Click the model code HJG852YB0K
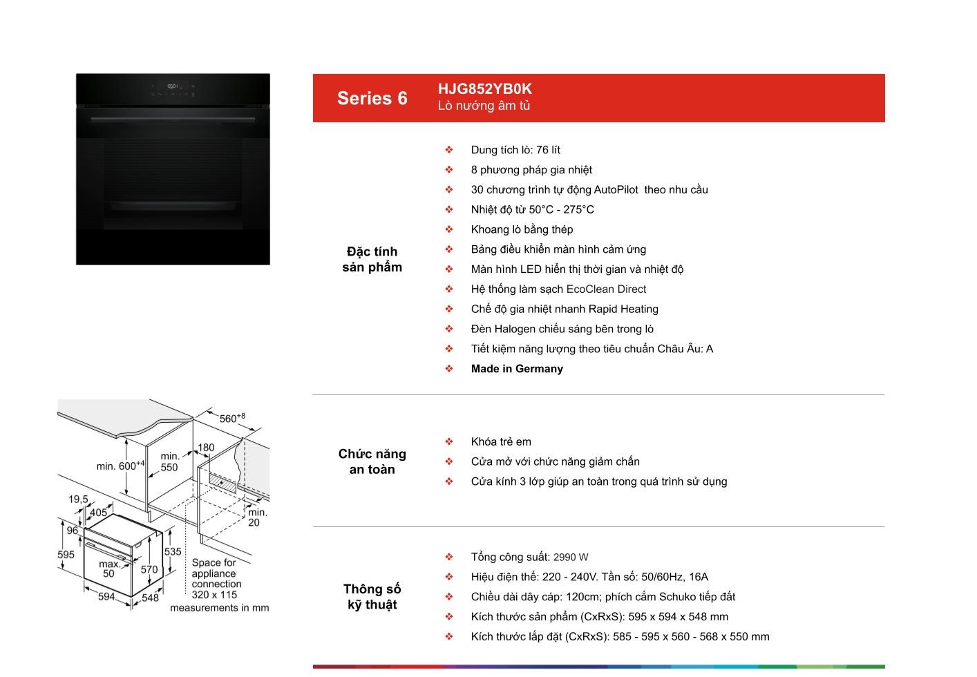484,89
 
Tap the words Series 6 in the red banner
372,98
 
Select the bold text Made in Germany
517,369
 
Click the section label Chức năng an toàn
372,461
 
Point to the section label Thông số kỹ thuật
372,597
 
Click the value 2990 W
571,557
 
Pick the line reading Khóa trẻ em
501,441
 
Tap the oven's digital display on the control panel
173,86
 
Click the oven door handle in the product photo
173,119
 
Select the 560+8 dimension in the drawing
232,418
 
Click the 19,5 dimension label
78,499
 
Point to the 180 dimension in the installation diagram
206,448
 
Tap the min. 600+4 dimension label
120,466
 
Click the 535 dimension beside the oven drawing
173,551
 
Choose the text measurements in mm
220,608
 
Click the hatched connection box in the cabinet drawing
222,482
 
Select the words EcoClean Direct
606,289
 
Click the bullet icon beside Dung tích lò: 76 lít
449,150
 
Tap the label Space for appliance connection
216,573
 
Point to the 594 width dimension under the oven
106,596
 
